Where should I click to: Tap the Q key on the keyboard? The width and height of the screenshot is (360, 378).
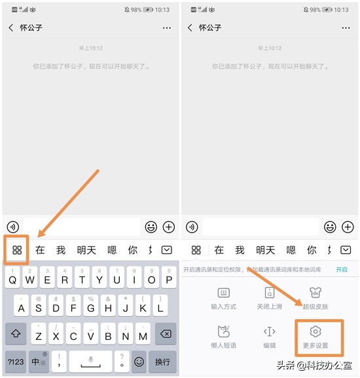12,280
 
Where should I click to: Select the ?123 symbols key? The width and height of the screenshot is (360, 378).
15,361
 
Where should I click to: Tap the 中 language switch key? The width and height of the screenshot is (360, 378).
38,361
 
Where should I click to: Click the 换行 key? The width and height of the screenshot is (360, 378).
162,361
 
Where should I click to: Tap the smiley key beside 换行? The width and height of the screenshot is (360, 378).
139,361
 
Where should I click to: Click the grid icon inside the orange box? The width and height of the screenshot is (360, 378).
17,250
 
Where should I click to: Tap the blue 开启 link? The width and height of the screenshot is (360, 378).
342,269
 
